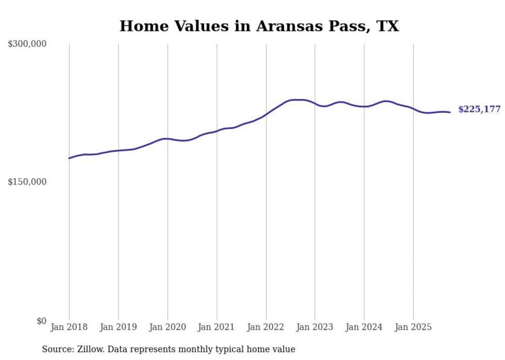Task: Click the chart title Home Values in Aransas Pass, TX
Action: [x=259, y=26]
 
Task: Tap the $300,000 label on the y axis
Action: [x=27, y=44]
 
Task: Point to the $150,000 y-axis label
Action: [x=27, y=182]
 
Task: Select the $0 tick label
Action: [x=41, y=321]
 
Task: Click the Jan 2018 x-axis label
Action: [x=69, y=327]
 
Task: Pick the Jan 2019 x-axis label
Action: [x=118, y=327]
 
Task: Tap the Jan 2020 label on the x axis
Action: [x=167, y=327]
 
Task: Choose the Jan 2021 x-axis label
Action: [x=216, y=327]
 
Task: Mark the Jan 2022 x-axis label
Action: [x=266, y=327]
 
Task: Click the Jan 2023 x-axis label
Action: [x=315, y=327]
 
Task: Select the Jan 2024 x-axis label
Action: [x=364, y=327]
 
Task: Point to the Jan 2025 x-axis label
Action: [x=413, y=327]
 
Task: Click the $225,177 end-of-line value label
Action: [x=479, y=109]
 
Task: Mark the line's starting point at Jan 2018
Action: [x=69, y=158]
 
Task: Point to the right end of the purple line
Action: [x=450, y=112]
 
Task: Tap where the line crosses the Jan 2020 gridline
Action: [x=167, y=139]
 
